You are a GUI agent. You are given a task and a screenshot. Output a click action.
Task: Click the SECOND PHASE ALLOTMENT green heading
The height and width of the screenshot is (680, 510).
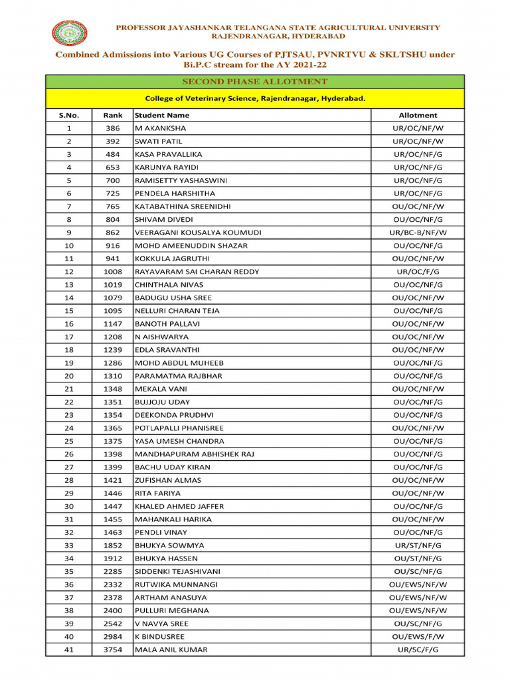pyautogui.click(x=255, y=82)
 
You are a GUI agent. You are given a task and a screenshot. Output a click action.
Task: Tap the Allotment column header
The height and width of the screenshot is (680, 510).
pyautogui.click(x=418, y=115)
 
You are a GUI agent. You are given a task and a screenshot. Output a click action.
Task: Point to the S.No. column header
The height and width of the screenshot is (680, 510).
pyautogui.click(x=68, y=115)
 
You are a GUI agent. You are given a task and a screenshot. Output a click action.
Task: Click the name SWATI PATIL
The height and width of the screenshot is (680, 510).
pyautogui.click(x=159, y=141)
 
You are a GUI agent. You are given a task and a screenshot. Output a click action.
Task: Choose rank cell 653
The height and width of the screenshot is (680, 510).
pyautogui.click(x=113, y=167)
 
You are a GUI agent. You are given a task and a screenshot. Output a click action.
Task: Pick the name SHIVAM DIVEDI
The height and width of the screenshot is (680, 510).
pyautogui.click(x=164, y=219)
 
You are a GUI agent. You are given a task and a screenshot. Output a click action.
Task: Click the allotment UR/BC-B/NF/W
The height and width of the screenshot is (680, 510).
pyautogui.click(x=418, y=232)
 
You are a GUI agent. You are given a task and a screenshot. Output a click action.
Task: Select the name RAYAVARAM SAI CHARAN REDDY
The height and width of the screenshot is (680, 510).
pyautogui.click(x=197, y=272)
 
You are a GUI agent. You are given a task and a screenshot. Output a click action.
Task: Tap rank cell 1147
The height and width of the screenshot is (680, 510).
pyautogui.click(x=113, y=323)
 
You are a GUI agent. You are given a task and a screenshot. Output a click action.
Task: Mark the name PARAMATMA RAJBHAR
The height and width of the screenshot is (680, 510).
pyautogui.click(x=179, y=376)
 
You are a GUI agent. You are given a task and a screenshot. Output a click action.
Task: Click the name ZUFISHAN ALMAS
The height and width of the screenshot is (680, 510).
pyautogui.click(x=168, y=480)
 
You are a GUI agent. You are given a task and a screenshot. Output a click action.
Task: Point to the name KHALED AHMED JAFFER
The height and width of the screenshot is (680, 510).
pyautogui.click(x=179, y=506)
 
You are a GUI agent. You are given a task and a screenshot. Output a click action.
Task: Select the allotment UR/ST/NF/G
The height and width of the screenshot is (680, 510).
pyautogui.click(x=418, y=545)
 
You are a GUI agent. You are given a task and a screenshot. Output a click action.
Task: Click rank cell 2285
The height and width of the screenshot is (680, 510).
pyautogui.click(x=113, y=571)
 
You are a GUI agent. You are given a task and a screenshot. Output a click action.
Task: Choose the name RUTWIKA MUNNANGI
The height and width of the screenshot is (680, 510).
pyautogui.click(x=176, y=584)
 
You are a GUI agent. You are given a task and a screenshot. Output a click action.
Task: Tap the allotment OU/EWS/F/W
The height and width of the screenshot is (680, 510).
pyautogui.click(x=418, y=636)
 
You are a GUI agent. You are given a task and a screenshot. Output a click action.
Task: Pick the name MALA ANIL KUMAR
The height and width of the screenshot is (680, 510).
pyautogui.click(x=171, y=649)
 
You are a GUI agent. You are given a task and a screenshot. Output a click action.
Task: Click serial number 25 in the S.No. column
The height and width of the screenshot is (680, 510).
pyautogui.click(x=68, y=441)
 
